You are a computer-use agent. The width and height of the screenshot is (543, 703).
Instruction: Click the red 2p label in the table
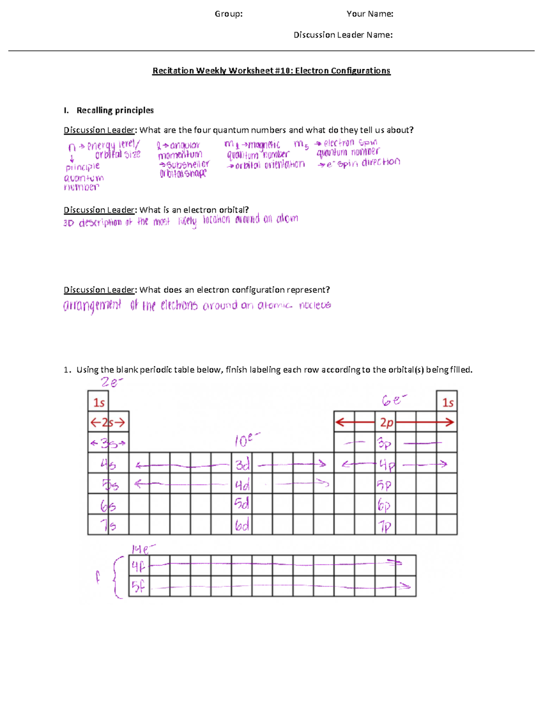(386, 422)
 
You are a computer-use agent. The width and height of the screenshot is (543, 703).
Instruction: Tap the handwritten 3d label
(243, 464)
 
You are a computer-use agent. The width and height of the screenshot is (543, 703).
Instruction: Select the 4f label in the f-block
(138, 566)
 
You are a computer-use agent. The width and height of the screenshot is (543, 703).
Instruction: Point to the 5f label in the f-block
(138, 587)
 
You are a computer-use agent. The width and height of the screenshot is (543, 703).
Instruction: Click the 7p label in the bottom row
(385, 526)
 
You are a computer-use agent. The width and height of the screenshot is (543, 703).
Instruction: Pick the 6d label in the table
(242, 526)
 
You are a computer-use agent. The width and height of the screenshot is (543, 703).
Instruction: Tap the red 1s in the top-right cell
(448, 402)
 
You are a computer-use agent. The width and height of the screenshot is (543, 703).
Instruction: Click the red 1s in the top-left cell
(99, 402)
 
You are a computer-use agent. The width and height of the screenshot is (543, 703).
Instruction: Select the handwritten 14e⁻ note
(143, 549)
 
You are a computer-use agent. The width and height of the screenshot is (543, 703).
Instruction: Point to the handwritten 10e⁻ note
(247, 440)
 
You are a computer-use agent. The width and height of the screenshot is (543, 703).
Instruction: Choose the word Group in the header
(228, 14)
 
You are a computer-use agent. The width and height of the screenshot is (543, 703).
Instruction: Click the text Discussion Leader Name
(343, 35)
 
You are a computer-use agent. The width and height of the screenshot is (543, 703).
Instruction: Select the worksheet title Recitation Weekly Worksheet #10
(271, 71)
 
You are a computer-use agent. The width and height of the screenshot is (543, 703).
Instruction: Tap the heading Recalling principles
(115, 110)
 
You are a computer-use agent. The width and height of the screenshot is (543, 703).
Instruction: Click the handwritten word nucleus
(315, 306)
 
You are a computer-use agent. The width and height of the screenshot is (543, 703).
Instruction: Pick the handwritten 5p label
(384, 485)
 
